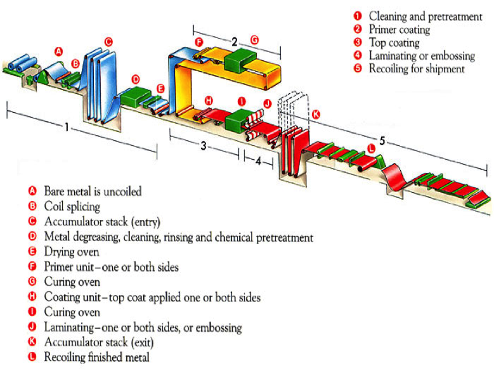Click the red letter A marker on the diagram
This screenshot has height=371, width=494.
coord(59,51)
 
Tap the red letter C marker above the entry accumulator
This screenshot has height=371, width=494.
coord(108,42)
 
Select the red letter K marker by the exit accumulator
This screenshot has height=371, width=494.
coord(316,115)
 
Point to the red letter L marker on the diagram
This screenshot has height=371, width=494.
coord(371,148)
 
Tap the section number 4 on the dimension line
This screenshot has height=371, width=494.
coord(258,160)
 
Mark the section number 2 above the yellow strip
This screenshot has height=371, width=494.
coord(234,42)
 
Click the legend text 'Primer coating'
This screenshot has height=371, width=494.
coord(399,30)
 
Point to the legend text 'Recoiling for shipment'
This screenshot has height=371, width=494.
coord(417,69)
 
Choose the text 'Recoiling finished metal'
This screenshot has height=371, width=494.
coord(96,358)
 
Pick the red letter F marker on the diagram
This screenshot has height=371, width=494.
coord(199,42)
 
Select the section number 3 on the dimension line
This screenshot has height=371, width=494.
coord(203,146)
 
